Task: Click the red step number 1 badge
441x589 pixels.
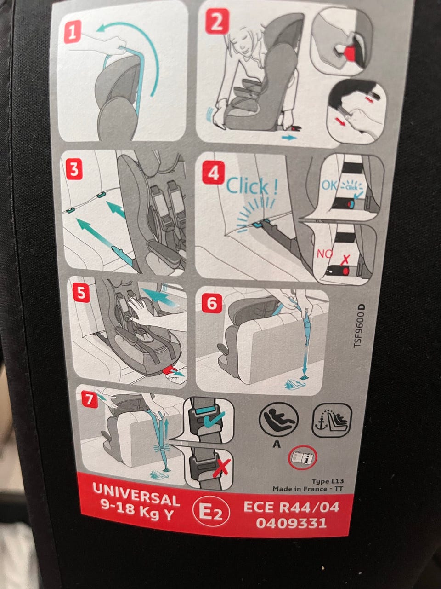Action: (72, 32)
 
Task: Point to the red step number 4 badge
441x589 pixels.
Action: (213, 173)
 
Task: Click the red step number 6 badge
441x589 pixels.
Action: (212, 303)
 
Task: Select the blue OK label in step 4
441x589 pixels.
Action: (330, 185)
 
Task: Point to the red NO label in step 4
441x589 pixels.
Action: (324, 253)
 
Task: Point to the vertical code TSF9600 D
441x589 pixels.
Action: (360, 326)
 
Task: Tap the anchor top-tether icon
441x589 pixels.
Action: (332, 419)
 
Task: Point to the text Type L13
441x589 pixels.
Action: (328, 481)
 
